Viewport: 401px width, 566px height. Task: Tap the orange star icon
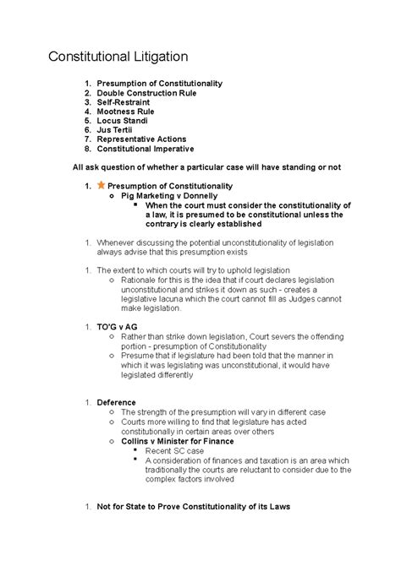pos(102,184)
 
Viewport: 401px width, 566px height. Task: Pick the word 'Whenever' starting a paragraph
pos(118,242)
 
